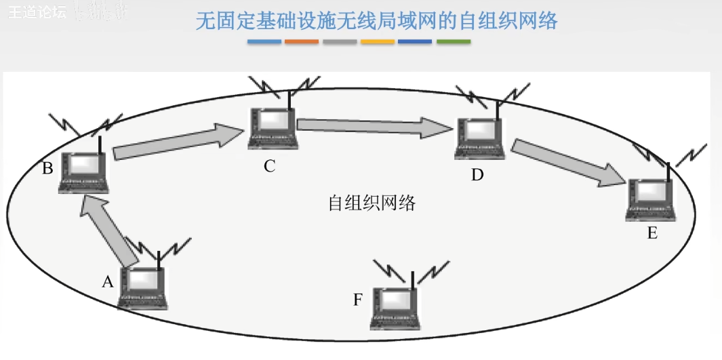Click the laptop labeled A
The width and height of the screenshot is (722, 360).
143,287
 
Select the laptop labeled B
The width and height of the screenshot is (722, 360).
83,172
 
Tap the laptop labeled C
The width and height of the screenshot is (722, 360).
273,128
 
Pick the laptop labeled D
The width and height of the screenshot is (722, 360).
479,138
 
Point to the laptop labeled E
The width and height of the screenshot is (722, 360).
650,199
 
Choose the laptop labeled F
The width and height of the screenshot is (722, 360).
397,308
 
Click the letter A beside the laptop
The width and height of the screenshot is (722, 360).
107,282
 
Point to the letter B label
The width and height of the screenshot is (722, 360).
47,168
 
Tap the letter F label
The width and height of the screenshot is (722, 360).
358,300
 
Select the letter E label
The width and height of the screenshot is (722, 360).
652,234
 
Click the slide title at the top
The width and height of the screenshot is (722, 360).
376,21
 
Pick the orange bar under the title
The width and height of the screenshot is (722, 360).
302,42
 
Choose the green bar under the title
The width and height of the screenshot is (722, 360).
454,42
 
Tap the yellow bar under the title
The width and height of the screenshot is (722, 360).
378,42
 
